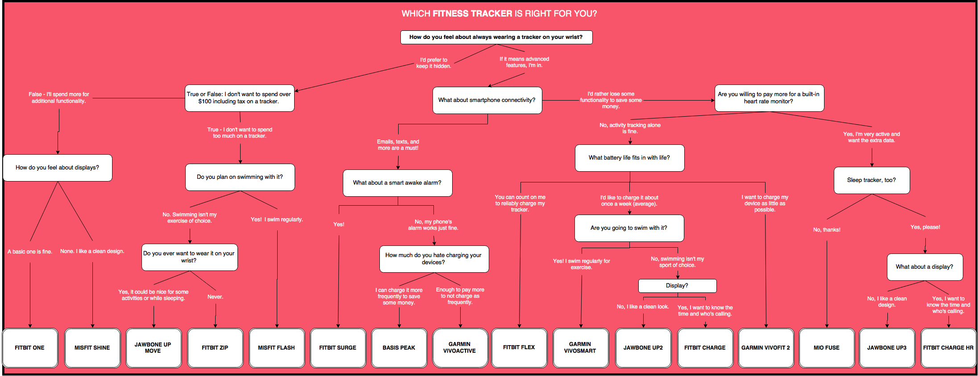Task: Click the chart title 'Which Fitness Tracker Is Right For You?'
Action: click(x=499, y=14)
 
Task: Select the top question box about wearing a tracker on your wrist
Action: click(x=496, y=37)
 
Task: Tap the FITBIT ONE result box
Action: click(x=30, y=348)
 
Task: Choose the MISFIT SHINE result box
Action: click(x=92, y=348)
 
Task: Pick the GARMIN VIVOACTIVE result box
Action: click(x=460, y=348)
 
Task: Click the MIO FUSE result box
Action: click(x=826, y=348)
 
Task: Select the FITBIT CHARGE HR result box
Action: click(x=948, y=348)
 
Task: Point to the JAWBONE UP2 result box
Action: click(x=643, y=348)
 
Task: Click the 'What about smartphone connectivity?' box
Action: click(x=487, y=100)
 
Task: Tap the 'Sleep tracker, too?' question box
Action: click(x=871, y=180)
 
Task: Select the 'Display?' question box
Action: click(x=677, y=286)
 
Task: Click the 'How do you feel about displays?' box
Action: click(x=58, y=168)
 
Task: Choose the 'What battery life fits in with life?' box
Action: click(x=629, y=158)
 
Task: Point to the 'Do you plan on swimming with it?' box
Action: click(x=240, y=177)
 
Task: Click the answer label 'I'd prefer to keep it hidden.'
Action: click(x=433, y=63)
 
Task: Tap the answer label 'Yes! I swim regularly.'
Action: click(x=277, y=220)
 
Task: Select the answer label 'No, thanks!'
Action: click(x=827, y=230)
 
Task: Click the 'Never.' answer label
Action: click(x=215, y=297)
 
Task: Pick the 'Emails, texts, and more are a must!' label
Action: click(x=398, y=145)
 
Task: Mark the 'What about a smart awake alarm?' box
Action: click(x=397, y=183)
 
